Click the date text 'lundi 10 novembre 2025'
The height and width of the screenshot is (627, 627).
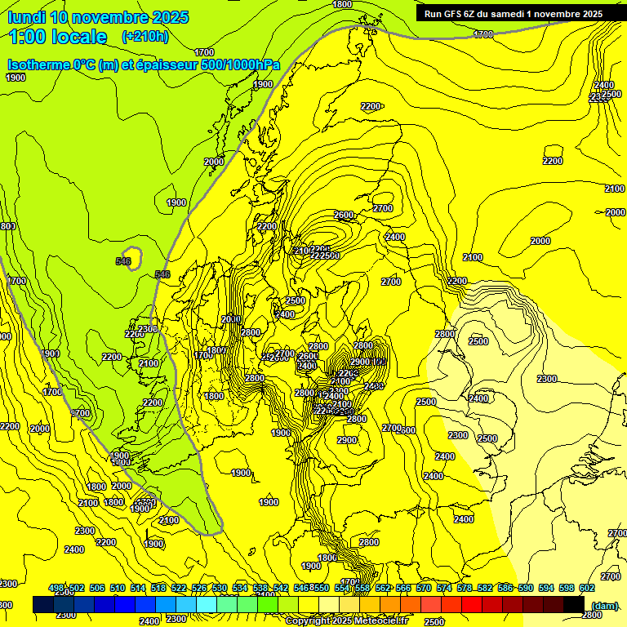(x=98, y=17)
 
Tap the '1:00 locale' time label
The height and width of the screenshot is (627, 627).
(x=58, y=37)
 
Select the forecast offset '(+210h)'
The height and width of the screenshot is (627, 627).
(x=145, y=36)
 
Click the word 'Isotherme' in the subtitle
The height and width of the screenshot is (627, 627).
(x=38, y=65)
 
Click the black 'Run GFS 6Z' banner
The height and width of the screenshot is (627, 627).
(x=514, y=13)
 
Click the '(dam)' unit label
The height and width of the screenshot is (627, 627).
(x=603, y=606)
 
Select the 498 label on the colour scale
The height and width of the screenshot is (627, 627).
(x=56, y=588)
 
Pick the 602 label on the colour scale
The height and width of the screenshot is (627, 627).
(x=586, y=588)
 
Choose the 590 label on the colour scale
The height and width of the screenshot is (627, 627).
(x=526, y=588)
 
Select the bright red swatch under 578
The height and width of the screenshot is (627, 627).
(x=472, y=604)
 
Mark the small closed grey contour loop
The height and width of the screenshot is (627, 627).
(x=131, y=257)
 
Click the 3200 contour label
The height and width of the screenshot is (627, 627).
(x=107, y=542)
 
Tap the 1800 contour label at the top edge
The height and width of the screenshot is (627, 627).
(x=343, y=5)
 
